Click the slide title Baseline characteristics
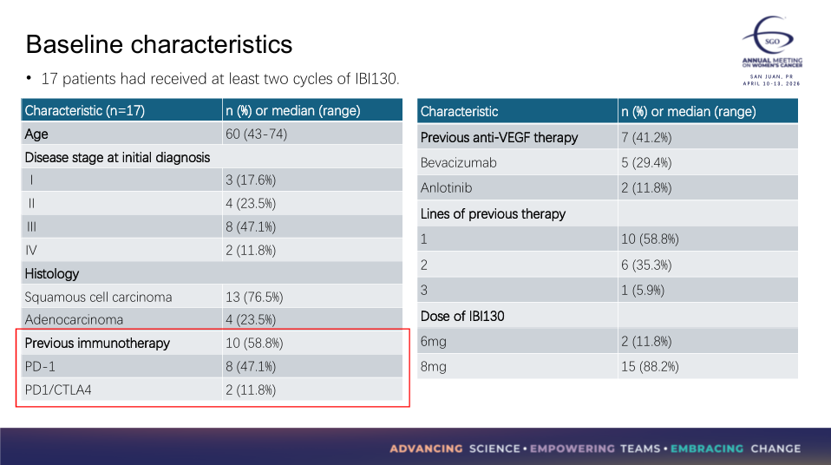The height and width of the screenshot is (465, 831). [159, 44]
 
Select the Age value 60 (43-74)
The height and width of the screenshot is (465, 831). [256, 134]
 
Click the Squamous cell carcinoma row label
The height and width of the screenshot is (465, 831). [98, 297]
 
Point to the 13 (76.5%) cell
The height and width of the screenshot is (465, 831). [254, 297]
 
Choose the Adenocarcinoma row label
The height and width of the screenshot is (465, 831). [74, 319]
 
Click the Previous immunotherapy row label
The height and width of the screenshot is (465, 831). [97, 343]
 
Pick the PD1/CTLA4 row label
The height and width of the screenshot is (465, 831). [58, 390]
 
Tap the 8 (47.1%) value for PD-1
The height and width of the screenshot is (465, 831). [251, 366]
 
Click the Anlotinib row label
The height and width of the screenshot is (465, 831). [446, 187]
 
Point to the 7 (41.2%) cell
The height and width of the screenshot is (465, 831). [646, 137]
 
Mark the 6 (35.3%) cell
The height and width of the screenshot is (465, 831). [646, 265]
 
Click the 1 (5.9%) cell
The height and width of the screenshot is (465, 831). [643, 290]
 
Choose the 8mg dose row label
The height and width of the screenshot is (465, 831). [434, 366]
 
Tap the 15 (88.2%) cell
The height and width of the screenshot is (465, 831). [650, 366]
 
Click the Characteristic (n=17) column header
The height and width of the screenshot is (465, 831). [85, 110]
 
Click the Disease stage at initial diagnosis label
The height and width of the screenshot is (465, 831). [117, 157]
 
